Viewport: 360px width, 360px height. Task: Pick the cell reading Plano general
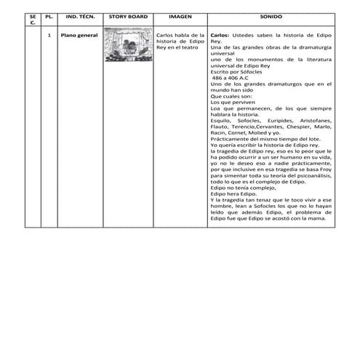click(79, 34)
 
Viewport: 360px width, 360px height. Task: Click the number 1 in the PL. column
click(48, 34)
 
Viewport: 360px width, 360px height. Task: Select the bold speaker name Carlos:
click(220, 34)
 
